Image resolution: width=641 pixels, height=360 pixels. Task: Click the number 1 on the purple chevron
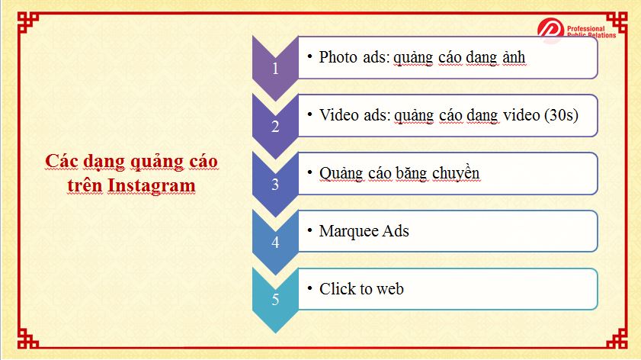point(276,69)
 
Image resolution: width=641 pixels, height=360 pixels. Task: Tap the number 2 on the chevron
point(276,127)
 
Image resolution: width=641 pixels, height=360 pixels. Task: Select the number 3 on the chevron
point(276,185)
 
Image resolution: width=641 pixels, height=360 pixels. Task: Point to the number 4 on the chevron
point(276,243)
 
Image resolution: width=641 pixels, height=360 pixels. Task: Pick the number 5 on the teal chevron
point(276,300)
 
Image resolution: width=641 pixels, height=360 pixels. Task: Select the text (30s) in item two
point(561,115)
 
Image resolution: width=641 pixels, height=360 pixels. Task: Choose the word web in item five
point(390,290)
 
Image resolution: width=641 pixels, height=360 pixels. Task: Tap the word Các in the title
point(62,161)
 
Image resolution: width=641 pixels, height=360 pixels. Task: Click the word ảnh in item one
point(514,57)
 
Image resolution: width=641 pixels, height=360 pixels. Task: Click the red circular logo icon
point(550,30)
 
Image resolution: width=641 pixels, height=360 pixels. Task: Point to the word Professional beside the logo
point(586,29)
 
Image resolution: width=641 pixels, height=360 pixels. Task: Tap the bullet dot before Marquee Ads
point(310,231)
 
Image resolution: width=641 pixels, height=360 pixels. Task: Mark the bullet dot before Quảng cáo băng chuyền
point(310,172)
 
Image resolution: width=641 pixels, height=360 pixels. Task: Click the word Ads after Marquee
point(396,231)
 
